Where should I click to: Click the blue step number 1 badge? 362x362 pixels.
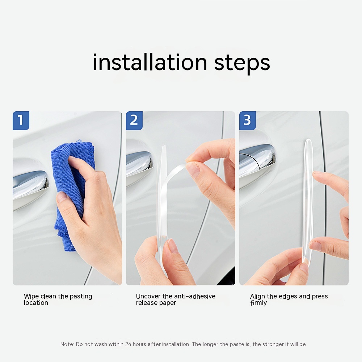click(x=21, y=121)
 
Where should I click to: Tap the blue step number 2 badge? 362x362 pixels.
click(x=134, y=121)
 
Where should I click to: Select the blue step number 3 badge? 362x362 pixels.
click(x=248, y=121)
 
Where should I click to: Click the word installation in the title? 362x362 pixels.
click(x=150, y=62)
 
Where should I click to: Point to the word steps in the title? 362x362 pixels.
click(x=242, y=63)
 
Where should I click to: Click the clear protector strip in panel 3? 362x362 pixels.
click(x=308, y=201)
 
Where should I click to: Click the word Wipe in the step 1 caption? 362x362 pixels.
click(x=31, y=297)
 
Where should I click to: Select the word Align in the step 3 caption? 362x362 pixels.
click(x=258, y=297)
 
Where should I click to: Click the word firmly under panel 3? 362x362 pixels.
click(x=258, y=303)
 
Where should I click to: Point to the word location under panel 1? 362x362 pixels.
click(x=36, y=303)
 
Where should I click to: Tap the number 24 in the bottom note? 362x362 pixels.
click(x=128, y=344)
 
